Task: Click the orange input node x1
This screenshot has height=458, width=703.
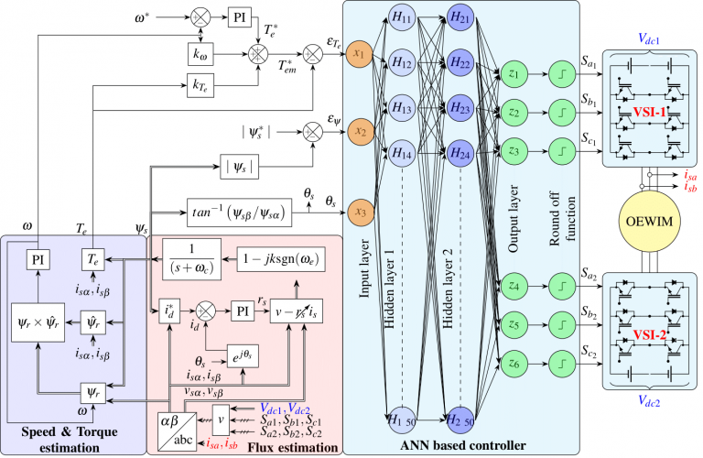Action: point(360,53)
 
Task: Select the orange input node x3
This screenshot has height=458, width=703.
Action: point(360,213)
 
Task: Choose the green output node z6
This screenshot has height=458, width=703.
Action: point(513,364)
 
